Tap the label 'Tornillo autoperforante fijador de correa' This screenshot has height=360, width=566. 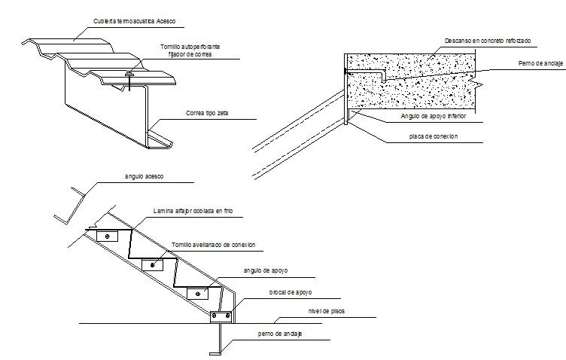[x=190, y=50]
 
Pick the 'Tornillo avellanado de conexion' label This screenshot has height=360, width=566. [x=214, y=245]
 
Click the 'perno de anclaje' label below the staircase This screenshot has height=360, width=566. [x=279, y=334]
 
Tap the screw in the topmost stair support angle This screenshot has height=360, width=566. [x=108, y=236]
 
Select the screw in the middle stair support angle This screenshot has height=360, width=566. [x=154, y=264]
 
